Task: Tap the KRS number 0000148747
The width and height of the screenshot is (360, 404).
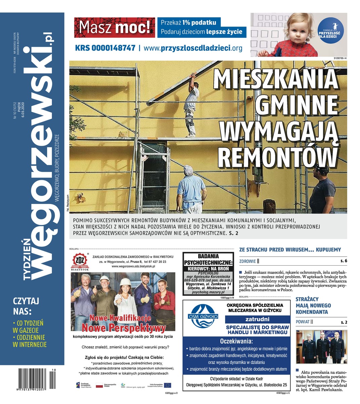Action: tap(105, 48)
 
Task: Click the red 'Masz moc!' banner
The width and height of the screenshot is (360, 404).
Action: tap(115, 28)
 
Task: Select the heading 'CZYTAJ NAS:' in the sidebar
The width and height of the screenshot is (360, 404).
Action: tap(26, 305)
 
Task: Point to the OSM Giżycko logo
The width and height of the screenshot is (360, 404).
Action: tap(203, 316)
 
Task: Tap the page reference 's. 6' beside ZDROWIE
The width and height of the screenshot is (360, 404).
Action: tap(343, 261)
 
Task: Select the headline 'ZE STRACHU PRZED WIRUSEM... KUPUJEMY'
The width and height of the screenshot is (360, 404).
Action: tap(290, 250)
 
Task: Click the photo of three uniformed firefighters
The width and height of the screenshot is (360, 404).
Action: tap(321, 346)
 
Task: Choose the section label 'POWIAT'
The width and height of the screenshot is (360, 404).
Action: tap(302, 322)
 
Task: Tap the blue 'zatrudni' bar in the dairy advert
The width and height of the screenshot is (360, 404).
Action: tap(257, 319)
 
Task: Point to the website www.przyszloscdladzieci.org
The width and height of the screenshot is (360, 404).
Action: tap(193, 48)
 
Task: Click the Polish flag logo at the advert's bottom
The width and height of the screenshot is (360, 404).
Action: tap(100, 385)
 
